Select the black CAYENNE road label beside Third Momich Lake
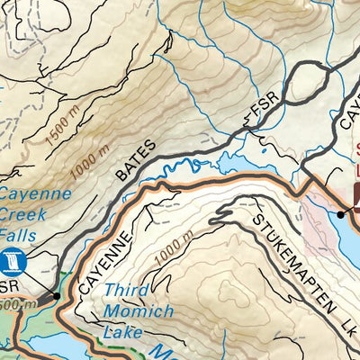point(105,256)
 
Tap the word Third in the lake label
point(122,292)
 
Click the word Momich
point(139,311)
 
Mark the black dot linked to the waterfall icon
point(57,294)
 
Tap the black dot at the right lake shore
point(341,214)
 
